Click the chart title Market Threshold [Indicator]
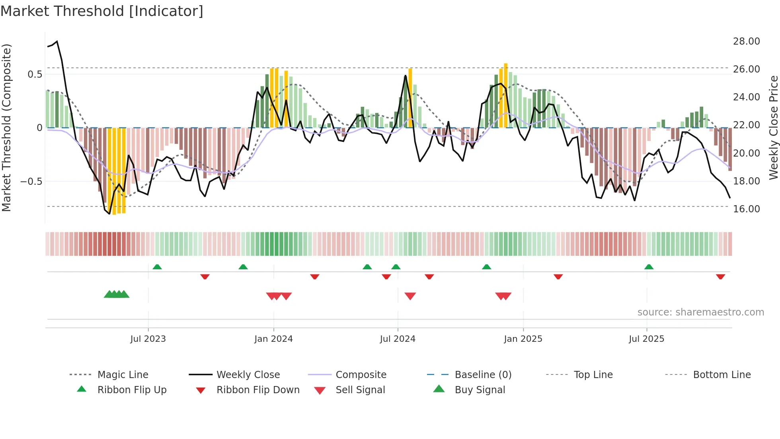tap(102, 11)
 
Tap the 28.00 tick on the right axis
tap(746, 41)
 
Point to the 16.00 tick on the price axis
tap(746, 209)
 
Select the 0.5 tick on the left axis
tap(35, 74)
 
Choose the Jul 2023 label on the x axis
tap(148, 339)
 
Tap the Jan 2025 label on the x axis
tap(523, 339)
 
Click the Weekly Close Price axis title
tap(773, 127)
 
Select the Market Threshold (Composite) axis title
tap(6, 127)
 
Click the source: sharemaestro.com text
tap(700, 312)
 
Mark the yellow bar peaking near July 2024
tap(410, 98)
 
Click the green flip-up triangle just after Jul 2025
tap(649, 267)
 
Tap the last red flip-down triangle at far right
tap(720, 276)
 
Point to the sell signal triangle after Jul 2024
tap(410, 296)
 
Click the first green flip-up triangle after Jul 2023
tap(157, 267)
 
